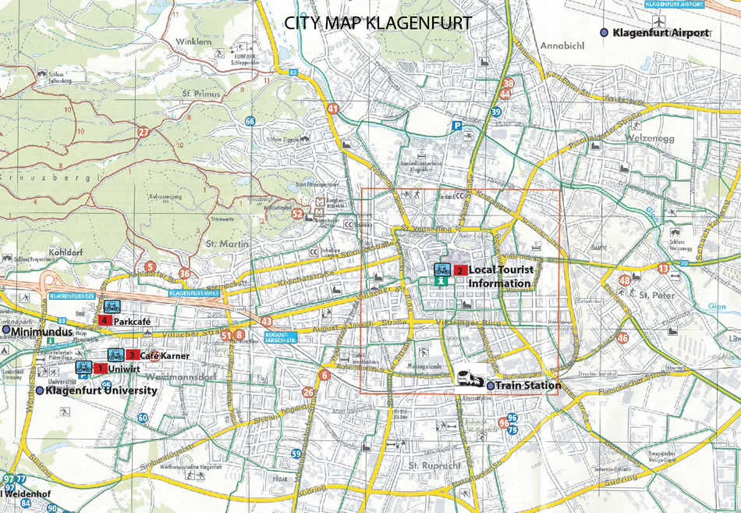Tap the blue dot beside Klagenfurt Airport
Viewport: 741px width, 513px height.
coord(604,32)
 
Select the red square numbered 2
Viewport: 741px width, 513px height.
coord(460,270)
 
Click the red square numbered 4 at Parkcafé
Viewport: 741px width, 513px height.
coord(104,321)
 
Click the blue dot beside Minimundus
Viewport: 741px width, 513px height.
coord(7,332)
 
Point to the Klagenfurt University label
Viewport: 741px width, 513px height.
coord(101,390)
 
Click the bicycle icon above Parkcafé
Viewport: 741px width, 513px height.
coord(111,306)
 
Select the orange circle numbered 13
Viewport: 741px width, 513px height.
coord(663,269)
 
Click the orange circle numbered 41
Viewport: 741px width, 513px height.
coord(333,109)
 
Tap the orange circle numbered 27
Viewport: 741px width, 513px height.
coord(143,131)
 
